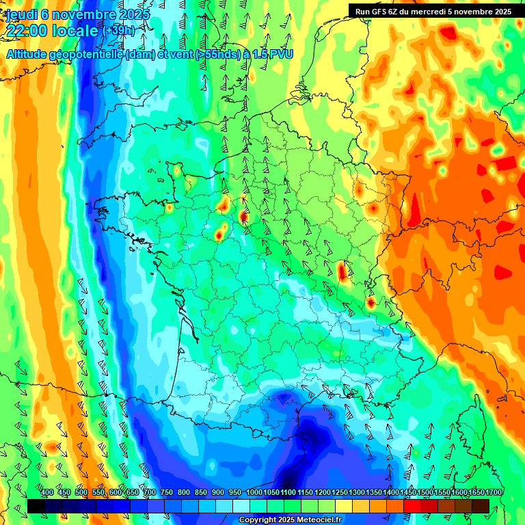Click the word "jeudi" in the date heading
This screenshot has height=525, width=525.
click(x=21, y=14)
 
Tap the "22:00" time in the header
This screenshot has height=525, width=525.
click(x=27, y=31)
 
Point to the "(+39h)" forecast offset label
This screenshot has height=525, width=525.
click(x=119, y=31)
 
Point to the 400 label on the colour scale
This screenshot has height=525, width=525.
click(x=47, y=493)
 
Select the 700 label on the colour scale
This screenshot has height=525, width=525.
click(x=150, y=493)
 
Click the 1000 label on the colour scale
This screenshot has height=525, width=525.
click(x=254, y=493)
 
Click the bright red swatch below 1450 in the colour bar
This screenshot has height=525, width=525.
click(x=412, y=507)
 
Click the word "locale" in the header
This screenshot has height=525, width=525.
click(x=77, y=31)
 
